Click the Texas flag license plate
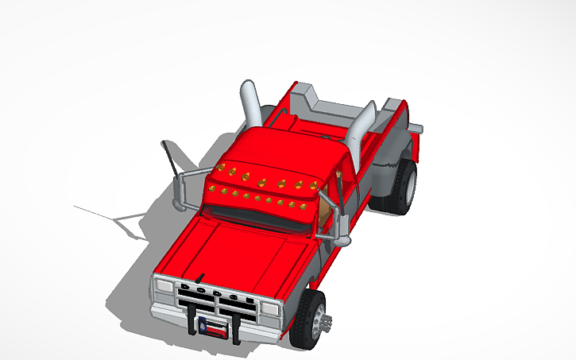[x=216, y=326]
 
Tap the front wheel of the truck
[x=310, y=320]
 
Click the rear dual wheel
[x=401, y=187]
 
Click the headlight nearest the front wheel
[x=271, y=308]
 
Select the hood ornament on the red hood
[x=200, y=276]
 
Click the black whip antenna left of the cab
[x=169, y=158]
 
